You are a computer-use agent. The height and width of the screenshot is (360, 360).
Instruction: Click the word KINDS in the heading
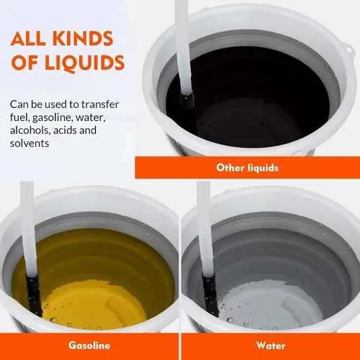(x=89, y=39)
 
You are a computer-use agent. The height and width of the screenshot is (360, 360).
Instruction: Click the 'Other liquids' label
(x=247, y=168)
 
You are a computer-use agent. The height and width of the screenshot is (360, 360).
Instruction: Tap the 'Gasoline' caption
(x=89, y=345)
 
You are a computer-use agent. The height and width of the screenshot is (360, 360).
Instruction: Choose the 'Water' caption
(x=270, y=345)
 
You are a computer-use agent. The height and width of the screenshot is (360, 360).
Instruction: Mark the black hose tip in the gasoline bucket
(x=31, y=287)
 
